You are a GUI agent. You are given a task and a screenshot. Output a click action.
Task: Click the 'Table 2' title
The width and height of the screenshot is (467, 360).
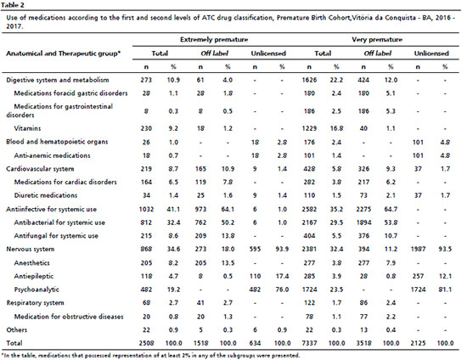tap(13, 5)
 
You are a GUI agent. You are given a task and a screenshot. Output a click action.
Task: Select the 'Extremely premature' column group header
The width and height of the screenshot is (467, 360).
tap(214, 40)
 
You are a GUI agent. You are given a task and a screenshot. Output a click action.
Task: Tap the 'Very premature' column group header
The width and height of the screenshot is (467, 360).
tap(377, 40)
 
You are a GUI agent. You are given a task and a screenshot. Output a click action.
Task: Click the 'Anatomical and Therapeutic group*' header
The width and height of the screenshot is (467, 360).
tap(64, 53)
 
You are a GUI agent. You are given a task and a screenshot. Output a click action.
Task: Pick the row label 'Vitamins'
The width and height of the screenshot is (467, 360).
tap(27, 128)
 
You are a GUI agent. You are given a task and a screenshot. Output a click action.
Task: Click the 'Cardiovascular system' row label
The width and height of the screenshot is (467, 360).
tap(40, 169)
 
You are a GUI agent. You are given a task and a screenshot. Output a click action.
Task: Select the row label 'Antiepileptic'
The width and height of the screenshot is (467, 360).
tap(34, 276)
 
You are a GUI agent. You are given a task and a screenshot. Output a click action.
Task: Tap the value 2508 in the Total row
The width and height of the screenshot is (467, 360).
tap(146, 343)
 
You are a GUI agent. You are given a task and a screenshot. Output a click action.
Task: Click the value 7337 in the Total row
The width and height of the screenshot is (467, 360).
tap(309, 343)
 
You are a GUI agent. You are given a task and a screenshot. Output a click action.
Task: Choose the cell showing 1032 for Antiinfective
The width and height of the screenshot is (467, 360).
tap(146, 209)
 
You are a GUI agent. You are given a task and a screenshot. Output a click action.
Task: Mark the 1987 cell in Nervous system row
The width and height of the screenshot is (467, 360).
tap(418, 249)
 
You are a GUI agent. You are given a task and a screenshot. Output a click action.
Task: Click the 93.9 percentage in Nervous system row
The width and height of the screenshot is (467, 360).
tap(282, 249)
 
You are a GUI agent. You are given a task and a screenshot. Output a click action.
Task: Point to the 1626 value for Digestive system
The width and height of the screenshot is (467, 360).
tap(309, 80)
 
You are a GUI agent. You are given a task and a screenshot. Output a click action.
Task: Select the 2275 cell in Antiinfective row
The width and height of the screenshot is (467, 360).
tap(363, 209)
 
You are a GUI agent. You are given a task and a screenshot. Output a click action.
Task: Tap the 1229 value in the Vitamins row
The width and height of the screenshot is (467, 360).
tap(309, 128)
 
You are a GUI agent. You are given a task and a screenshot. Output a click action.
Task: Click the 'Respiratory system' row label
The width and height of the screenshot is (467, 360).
tap(35, 303)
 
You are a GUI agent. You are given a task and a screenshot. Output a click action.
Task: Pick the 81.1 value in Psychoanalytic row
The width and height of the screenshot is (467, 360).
tap(445, 290)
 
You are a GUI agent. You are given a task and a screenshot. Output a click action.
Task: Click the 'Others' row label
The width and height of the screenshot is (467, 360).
tap(17, 329)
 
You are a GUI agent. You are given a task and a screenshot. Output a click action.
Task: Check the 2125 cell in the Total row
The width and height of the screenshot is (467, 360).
tap(418, 343)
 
